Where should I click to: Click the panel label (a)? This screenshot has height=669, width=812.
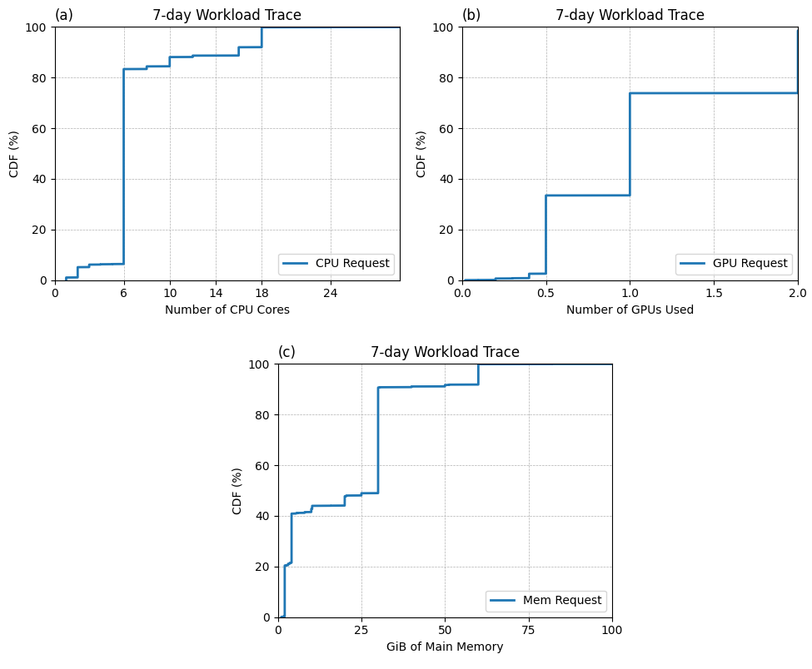point(64,15)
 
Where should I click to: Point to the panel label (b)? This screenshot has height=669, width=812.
point(471,15)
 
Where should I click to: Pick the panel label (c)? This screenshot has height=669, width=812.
point(286,352)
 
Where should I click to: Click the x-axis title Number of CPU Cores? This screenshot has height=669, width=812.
point(227,310)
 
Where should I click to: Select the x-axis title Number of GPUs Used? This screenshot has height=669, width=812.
point(630,310)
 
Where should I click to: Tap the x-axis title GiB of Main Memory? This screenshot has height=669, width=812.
point(445,647)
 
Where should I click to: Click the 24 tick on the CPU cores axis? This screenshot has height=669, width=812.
point(331,293)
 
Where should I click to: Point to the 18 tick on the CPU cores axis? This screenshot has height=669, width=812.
point(262,293)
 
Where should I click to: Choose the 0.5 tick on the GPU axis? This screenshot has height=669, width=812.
point(545,293)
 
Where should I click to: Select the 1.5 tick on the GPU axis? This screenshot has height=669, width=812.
point(714,293)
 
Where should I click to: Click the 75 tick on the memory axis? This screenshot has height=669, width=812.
point(529,630)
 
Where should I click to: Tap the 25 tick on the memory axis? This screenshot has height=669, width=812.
point(361,630)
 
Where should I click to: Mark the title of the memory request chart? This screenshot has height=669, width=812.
point(445,352)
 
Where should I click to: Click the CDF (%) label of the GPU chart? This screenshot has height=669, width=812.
point(421,154)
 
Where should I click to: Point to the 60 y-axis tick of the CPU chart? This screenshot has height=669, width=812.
point(40,128)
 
